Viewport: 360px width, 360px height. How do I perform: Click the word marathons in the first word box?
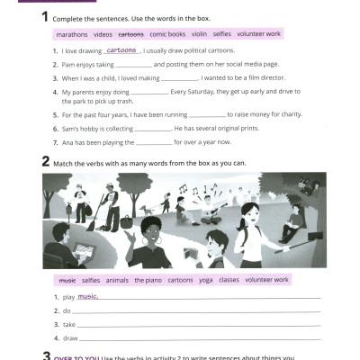(71, 33)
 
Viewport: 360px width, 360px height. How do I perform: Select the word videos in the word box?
(103, 33)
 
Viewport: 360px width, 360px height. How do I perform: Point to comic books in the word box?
(166, 33)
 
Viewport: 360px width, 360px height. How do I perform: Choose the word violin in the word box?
(199, 33)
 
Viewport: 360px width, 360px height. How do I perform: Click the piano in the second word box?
(149, 280)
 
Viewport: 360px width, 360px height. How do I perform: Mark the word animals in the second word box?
(117, 280)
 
